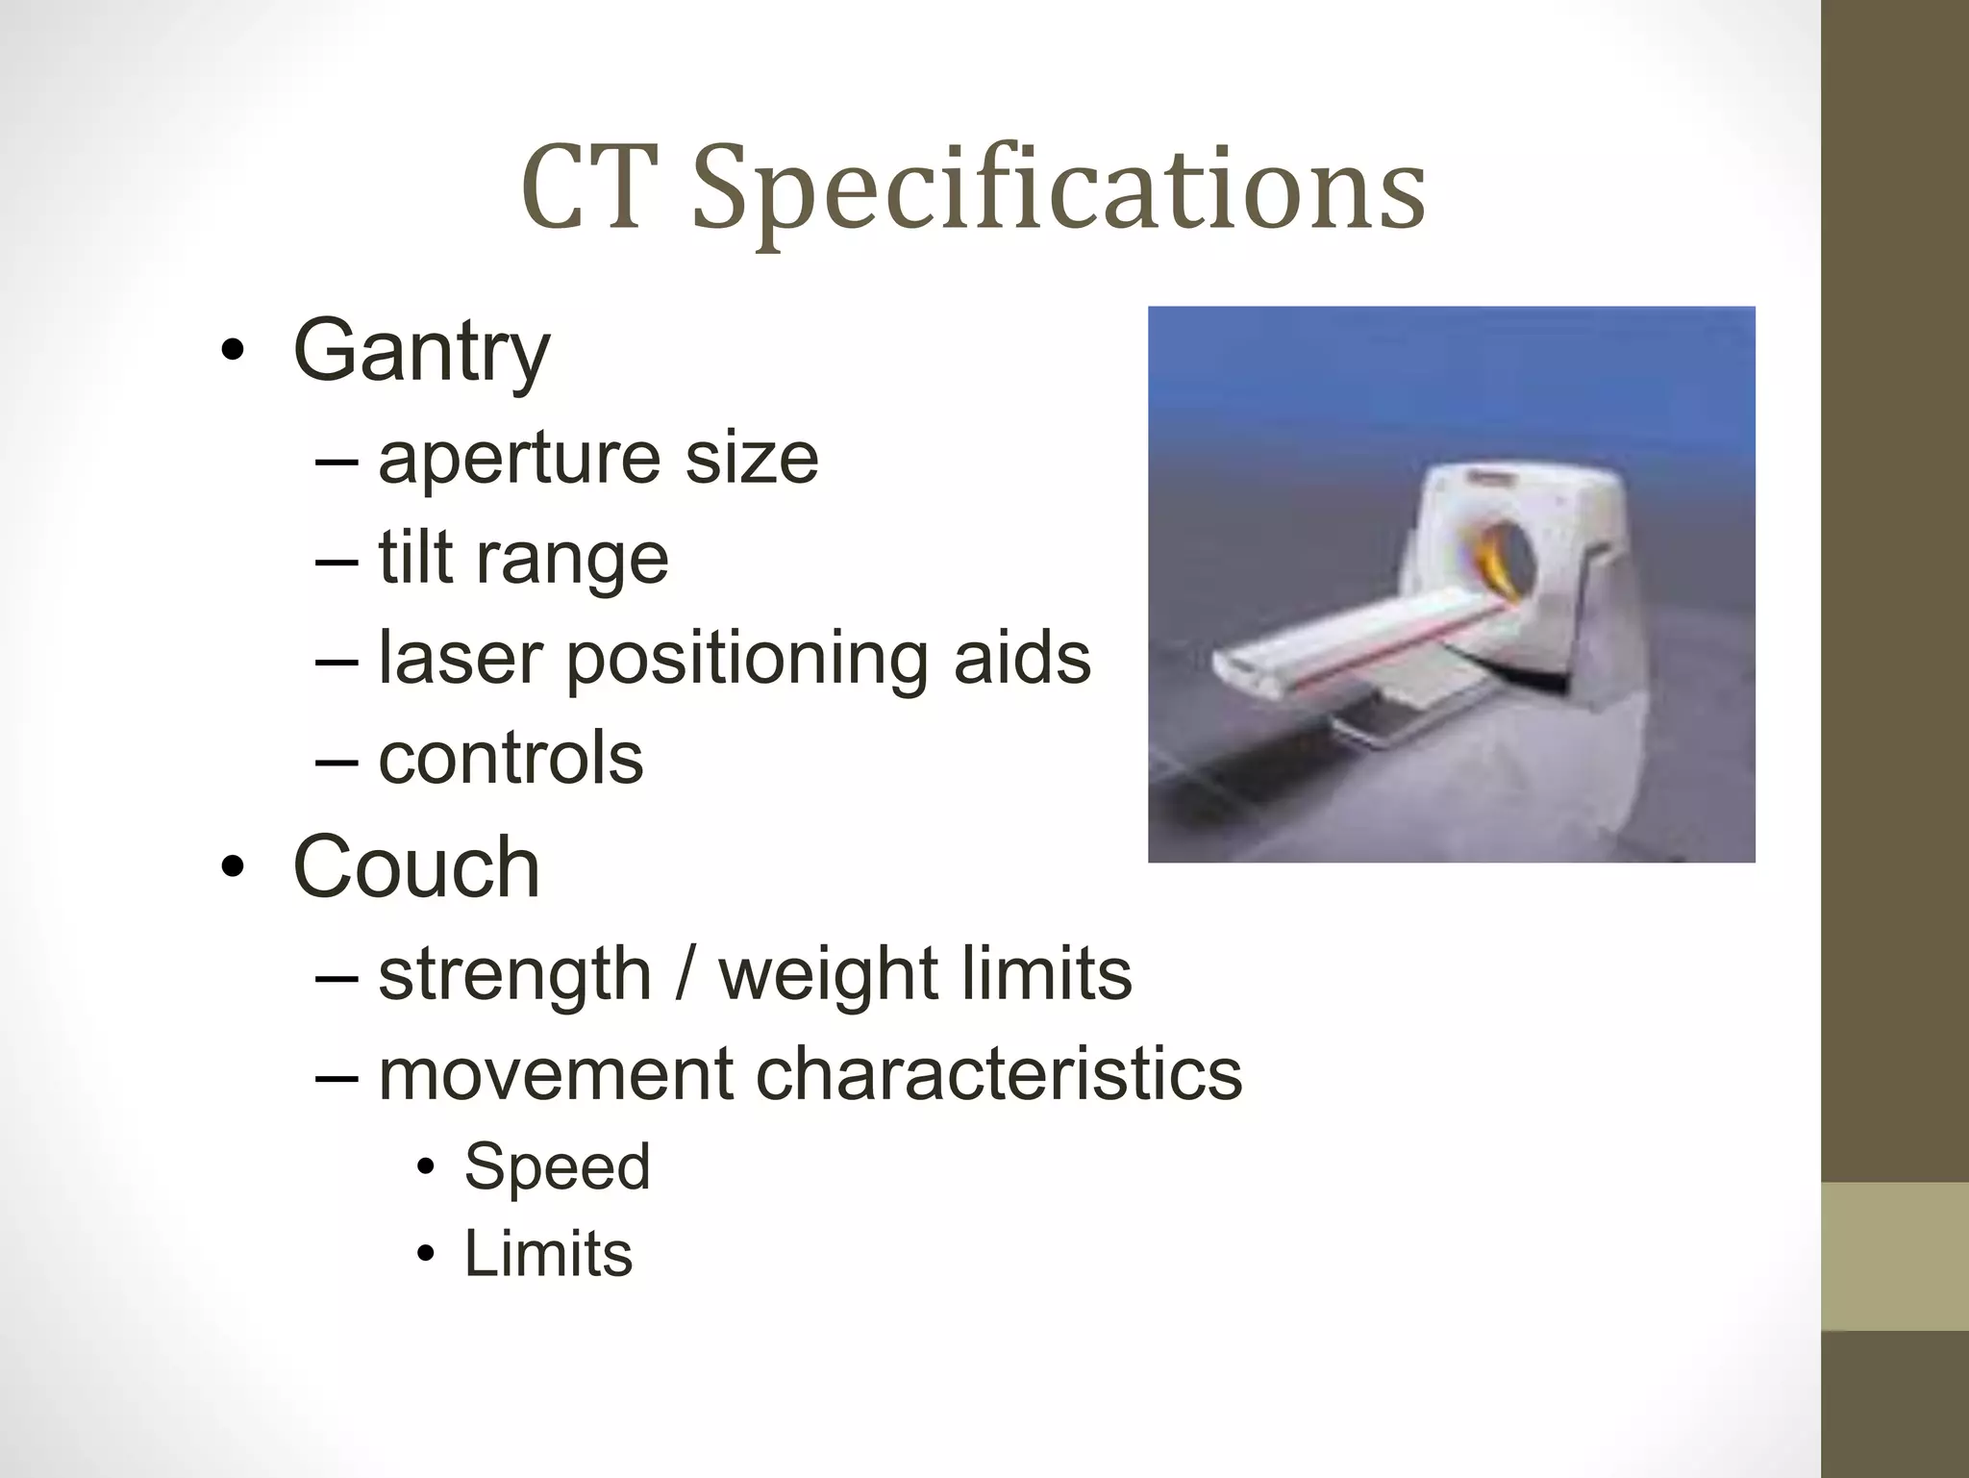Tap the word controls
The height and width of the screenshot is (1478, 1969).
click(511, 758)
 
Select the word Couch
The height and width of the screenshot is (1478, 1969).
click(415, 867)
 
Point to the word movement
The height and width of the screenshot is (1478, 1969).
click(556, 1074)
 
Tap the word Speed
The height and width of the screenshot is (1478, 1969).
click(557, 1167)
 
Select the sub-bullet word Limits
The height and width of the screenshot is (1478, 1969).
click(548, 1254)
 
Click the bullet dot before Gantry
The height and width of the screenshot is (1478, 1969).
click(232, 352)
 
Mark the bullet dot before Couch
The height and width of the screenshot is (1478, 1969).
click(232, 868)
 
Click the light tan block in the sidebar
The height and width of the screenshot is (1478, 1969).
click(1895, 1256)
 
